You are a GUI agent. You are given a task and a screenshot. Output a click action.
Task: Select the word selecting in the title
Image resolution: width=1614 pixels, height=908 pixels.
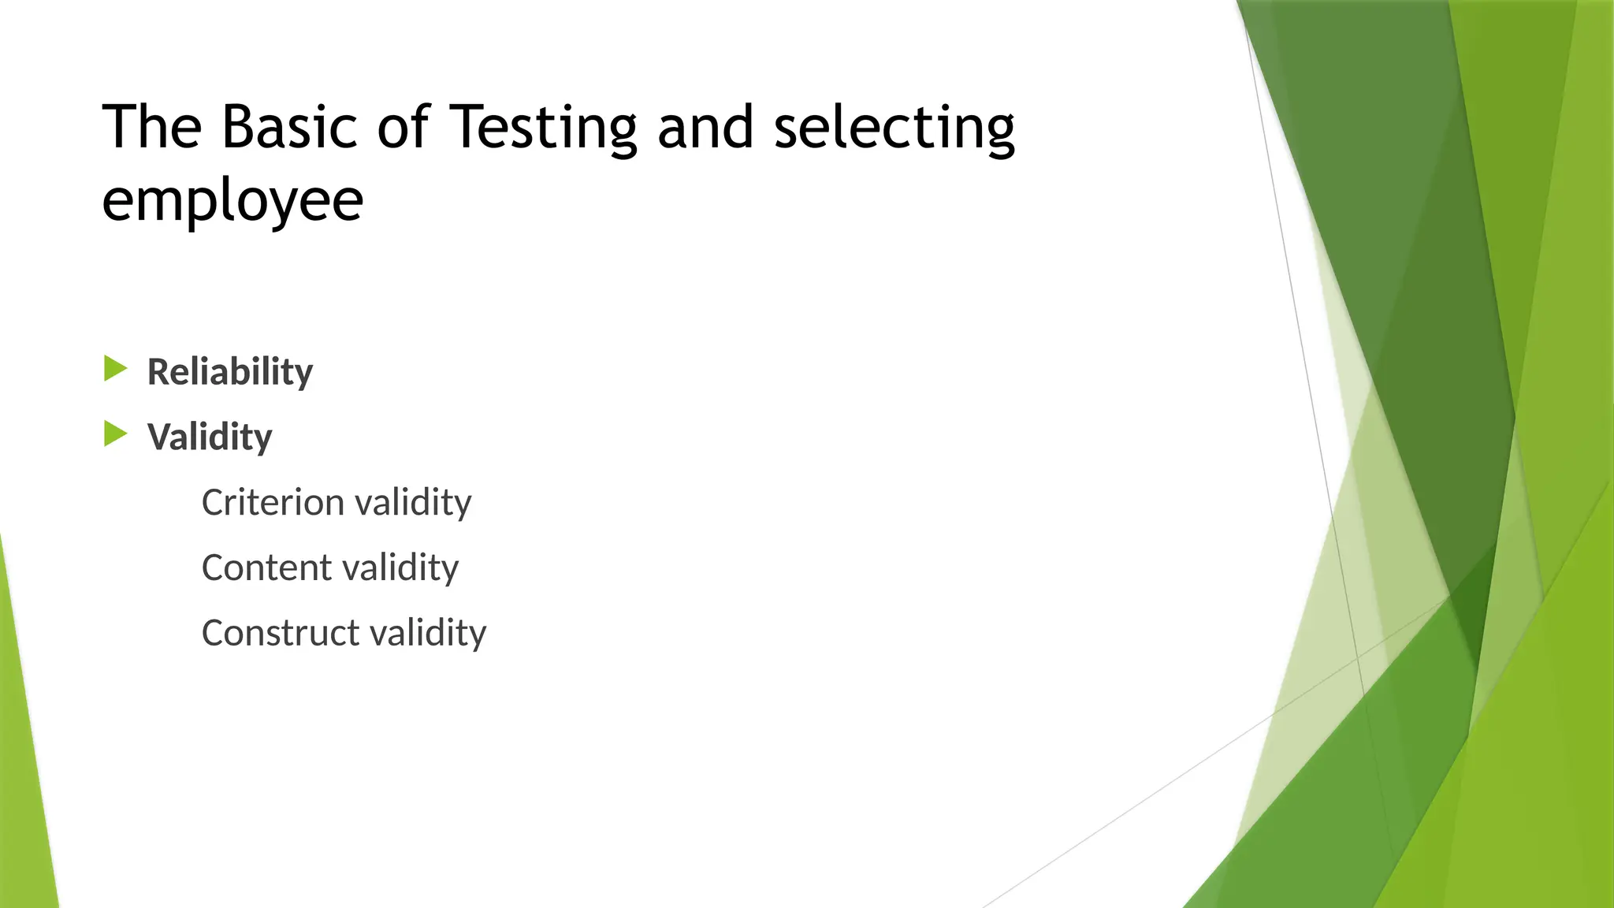coord(894,128)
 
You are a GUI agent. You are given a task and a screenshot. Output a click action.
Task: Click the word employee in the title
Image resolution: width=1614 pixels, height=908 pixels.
coord(232,200)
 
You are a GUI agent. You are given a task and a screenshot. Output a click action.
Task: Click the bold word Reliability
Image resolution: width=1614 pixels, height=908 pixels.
coord(230,372)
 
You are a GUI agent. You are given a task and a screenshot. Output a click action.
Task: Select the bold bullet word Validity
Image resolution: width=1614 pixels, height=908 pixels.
coord(210,437)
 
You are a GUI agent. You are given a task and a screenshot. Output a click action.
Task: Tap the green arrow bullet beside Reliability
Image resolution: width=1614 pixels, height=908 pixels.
coord(115,369)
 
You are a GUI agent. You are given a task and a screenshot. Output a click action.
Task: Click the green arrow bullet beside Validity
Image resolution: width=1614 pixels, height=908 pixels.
coord(115,434)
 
